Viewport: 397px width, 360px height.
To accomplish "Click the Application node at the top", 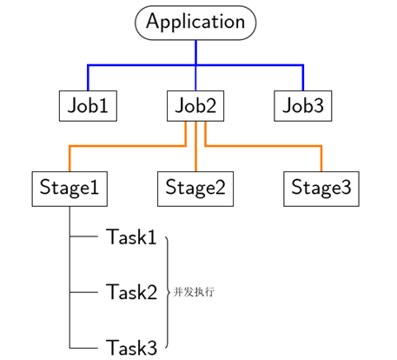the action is [195, 23].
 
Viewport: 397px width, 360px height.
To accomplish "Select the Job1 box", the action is [88, 106].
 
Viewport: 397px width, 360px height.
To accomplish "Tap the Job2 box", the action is [195, 106].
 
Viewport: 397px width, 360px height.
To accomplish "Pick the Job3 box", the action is [303, 106].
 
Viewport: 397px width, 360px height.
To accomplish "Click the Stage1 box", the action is [69, 189].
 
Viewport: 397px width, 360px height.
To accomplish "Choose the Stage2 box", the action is [195, 189].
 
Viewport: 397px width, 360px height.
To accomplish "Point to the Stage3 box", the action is [321, 189].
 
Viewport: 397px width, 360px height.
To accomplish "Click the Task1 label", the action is [131, 237].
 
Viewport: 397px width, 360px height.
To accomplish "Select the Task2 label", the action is [131, 292].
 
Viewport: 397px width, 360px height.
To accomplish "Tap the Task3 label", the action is [131, 348].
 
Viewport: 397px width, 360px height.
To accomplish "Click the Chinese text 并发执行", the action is [194, 292].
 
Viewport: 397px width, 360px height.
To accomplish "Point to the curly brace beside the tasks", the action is [168, 292].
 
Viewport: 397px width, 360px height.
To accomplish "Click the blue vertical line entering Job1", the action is [88, 77].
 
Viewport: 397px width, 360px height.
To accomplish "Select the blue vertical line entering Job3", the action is [303, 77].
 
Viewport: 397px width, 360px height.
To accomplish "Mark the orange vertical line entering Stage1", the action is [69, 158].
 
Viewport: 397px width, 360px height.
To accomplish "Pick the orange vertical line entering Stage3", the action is [321, 158].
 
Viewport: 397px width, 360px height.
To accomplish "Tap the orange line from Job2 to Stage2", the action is [195, 146].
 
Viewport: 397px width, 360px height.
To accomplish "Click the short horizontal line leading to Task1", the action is [83, 237].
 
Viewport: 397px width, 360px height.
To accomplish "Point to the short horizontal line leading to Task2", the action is [83, 292].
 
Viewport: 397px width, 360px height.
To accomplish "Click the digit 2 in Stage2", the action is [220, 187].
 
